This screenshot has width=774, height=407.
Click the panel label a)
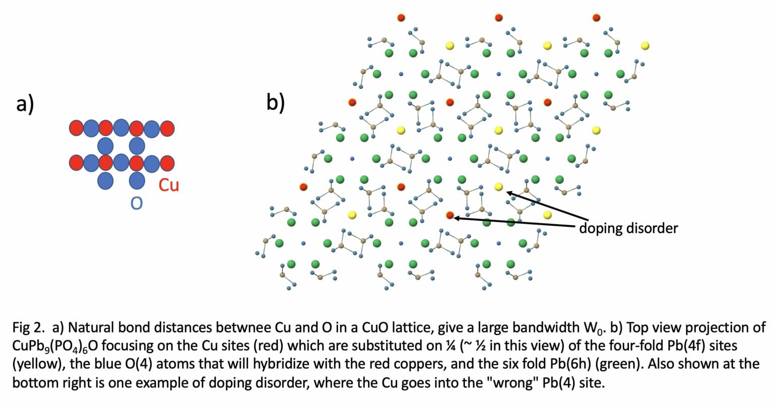click(x=25, y=104)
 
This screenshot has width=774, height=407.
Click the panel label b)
click(x=276, y=102)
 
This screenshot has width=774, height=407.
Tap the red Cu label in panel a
click(x=169, y=185)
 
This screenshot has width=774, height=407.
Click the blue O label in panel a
click(x=137, y=203)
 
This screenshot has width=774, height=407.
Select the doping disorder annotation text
click(x=628, y=228)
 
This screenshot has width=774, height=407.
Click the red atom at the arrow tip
click(x=450, y=216)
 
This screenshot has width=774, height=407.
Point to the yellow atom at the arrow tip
click(x=498, y=187)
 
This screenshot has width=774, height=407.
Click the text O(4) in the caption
click(x=133, y=364)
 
